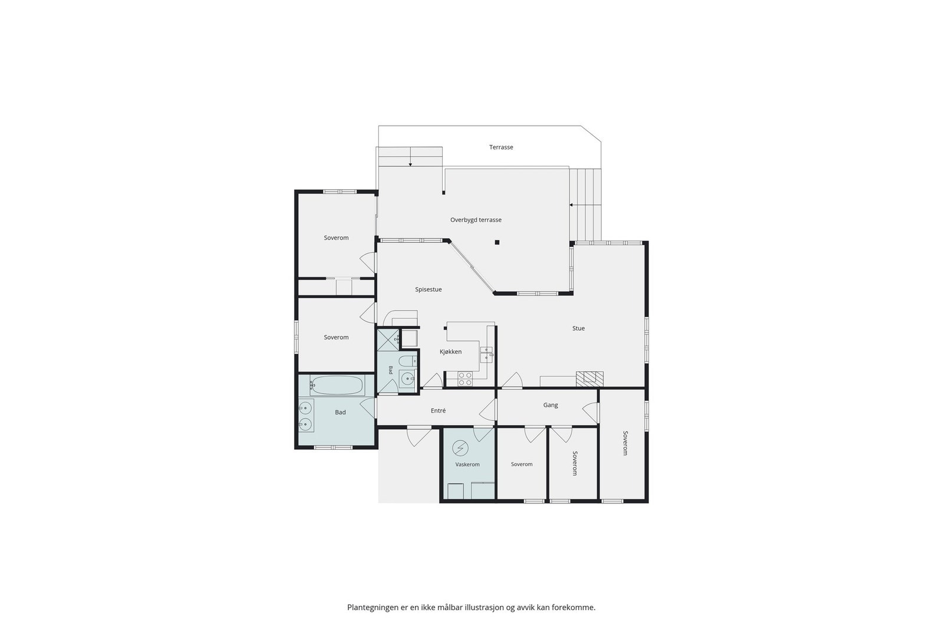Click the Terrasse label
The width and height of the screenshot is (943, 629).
click(x=501, y=147)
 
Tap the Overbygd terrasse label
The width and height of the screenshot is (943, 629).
click(x=476, y=220)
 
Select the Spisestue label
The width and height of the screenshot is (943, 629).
click(x=428, y=289)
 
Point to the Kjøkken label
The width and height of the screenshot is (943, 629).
click(x=450, y=351)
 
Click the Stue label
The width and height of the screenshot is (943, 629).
click(x=578, y=328)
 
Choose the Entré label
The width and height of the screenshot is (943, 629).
click(x=438, y=410)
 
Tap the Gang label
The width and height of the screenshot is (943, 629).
click(x=550, y=405)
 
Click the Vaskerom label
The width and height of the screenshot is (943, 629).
click(x=467, y=465)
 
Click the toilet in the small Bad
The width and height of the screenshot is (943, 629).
click(x=407, y=361)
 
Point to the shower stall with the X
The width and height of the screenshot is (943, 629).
click(x=388, y=340)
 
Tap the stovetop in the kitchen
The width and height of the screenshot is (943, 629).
click(x=465, y=379)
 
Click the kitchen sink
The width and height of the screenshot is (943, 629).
click(x=486, y=355)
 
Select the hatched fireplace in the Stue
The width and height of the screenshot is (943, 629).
click(x=589, y=378)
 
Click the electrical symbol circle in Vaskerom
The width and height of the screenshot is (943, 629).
click(x=460, y=447)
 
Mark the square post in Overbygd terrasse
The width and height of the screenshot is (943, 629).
click(x=497, y=242)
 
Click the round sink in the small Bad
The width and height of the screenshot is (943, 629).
click(x=407, y=379)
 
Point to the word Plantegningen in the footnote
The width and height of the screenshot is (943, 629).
click(x=372, y=607)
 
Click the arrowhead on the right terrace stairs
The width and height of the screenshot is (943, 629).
click(x=571, y=205)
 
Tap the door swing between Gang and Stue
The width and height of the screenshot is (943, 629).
click(x=512, y=379)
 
